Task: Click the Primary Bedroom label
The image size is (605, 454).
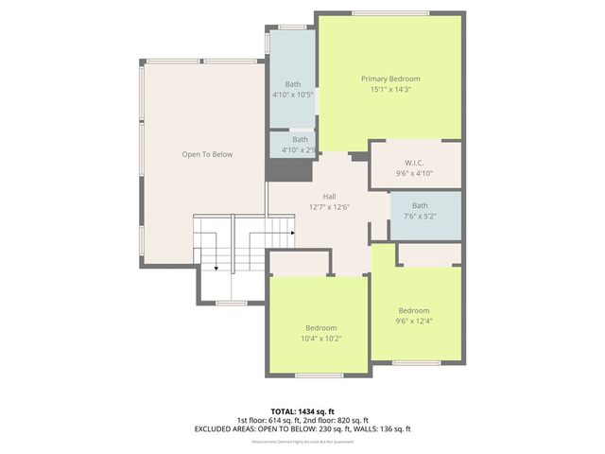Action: (390, 79)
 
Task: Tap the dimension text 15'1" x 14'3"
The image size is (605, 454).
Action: (390, 89)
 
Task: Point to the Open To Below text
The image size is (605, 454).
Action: (207, 154)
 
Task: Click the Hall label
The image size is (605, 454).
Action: (329, 196)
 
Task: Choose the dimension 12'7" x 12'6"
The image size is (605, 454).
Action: (329, 206)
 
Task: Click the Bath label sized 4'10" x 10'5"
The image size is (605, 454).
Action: (293, 84)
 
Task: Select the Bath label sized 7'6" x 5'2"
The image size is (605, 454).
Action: (419, 205)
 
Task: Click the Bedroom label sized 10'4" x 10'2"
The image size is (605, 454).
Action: (320, 327)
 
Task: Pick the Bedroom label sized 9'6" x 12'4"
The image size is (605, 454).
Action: (413, 310)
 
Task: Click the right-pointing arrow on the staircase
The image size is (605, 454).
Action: (293, 232)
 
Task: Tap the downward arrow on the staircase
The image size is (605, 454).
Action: (216, 268)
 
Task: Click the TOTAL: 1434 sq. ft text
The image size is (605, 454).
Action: (302, 411)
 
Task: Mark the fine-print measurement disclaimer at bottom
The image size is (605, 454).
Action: (302, 442)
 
